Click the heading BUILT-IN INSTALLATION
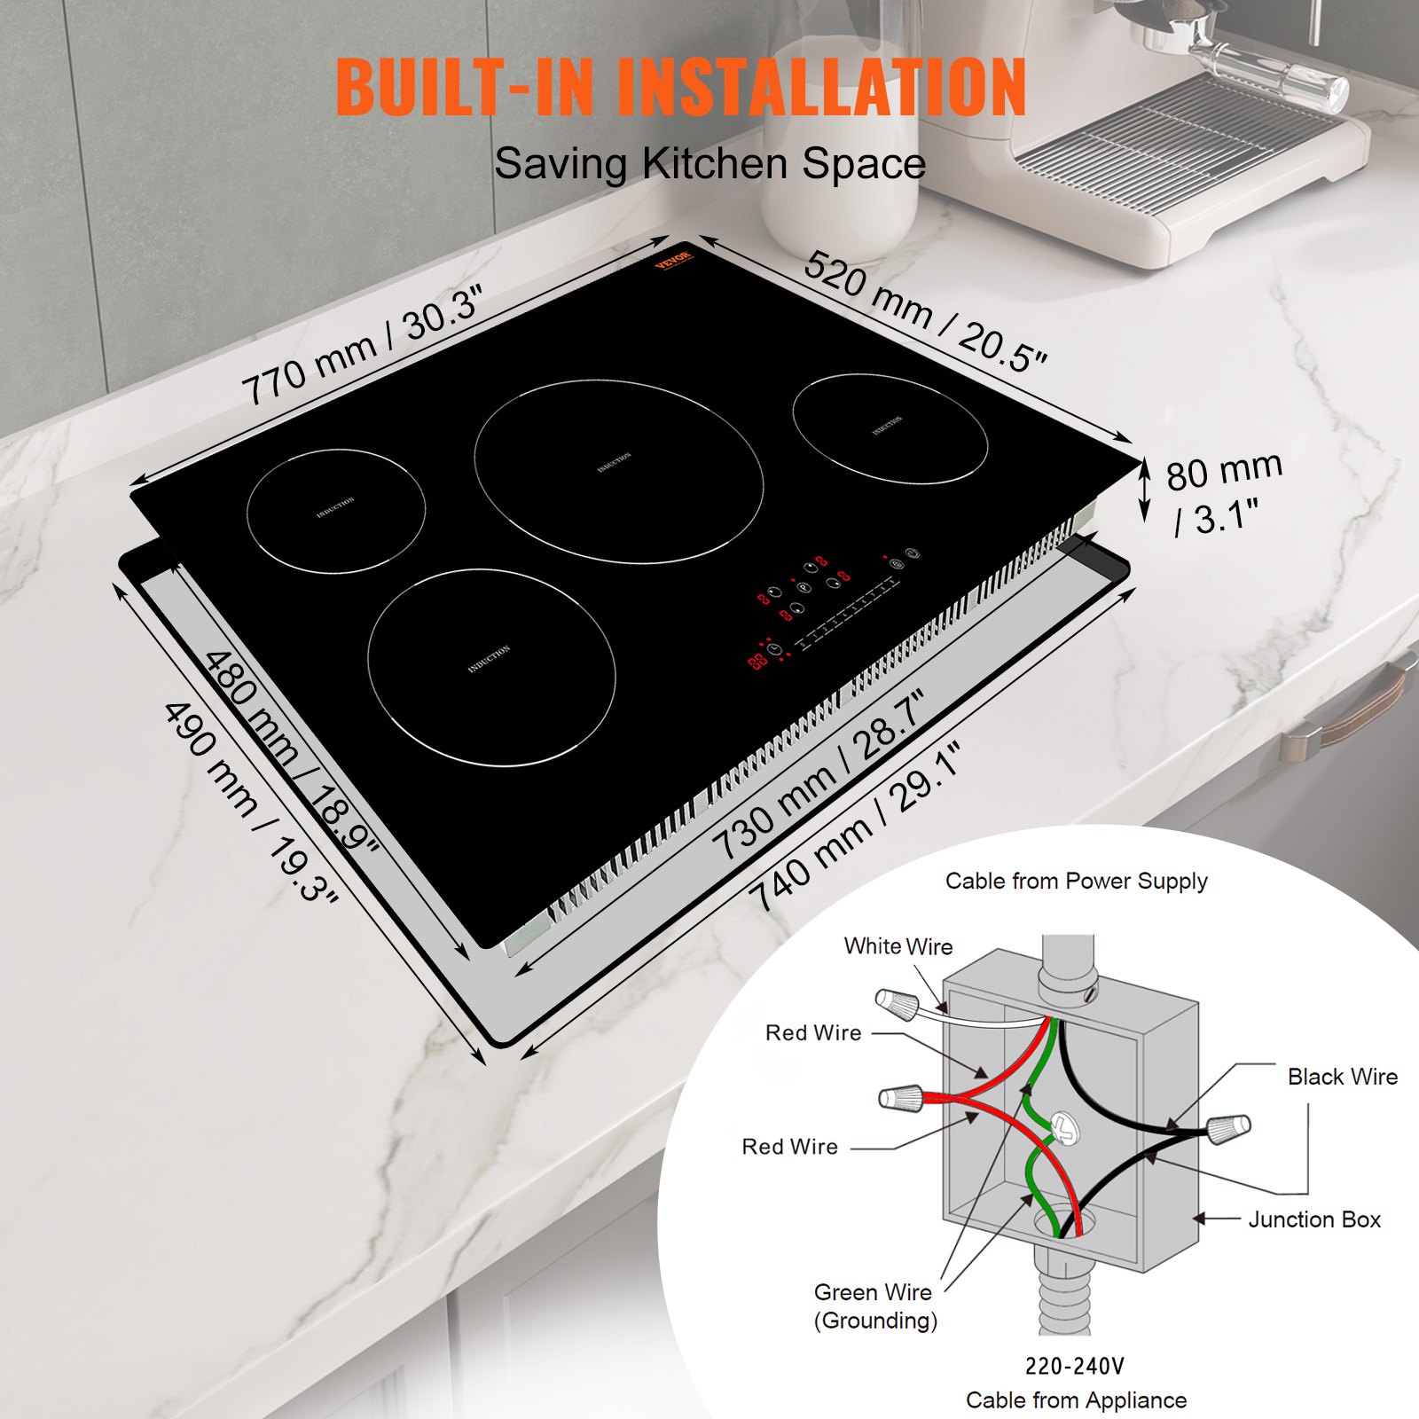click(680, 87)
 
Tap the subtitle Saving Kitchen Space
click(709, 164)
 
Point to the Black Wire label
click(1342, 1077)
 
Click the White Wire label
click(898, 946)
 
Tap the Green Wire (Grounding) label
click(874, 1306)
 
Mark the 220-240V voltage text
click(1074, 1366)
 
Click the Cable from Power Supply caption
click(1076, 881)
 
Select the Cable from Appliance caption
click(1076, 1399)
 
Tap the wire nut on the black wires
click(1228, 1128)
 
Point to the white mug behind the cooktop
click(838, 177)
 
